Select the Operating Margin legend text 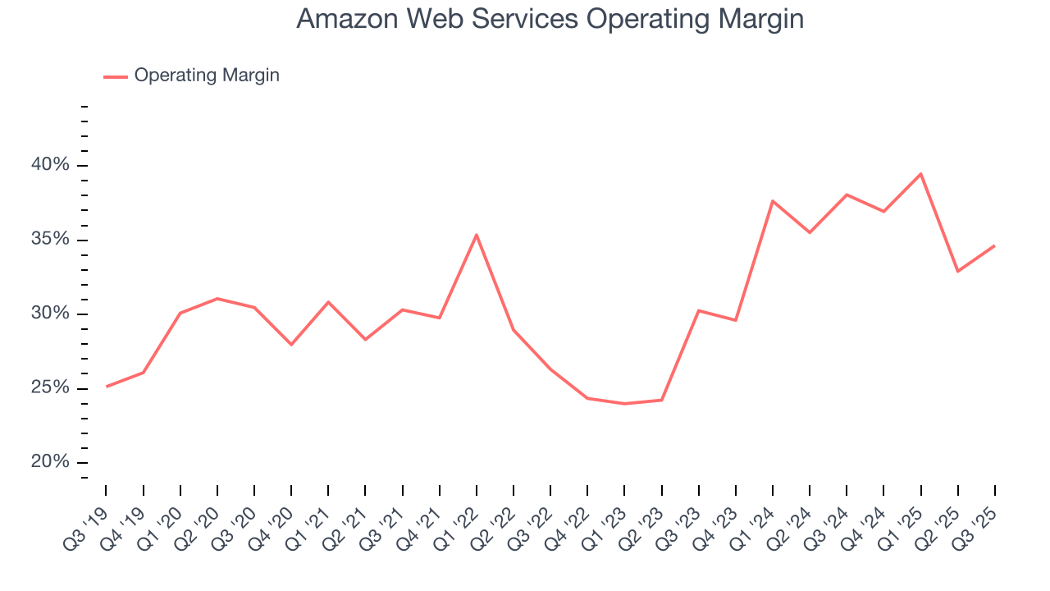click(x=207, y=76)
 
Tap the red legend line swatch click(x=115, y=76)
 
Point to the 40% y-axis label click(x=50, y=165)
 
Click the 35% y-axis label click(x=50, y=240)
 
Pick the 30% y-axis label click(x=50, y=314)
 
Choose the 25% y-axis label click(x=50, y=387)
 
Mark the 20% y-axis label click(x=50, y=462)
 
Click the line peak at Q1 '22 click(x=477, y=235)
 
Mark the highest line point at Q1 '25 click(x=920, y=174)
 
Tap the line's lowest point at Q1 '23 click(x=624, y=403)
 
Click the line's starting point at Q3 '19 click(x=107, y=387)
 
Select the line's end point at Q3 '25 click(x=994, y=245)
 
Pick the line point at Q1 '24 click(x=773, y=201)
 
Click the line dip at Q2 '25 click(x=957, y=271)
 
